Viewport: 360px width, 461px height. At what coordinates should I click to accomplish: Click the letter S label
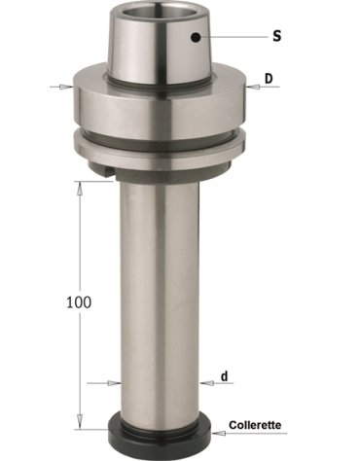pyautogui.click(x=276, y=36)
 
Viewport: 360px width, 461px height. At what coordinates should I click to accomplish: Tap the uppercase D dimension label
pyautogui.click(x=269, y=79)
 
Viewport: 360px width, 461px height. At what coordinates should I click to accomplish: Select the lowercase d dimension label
pyautogui.click(x=225, y=376)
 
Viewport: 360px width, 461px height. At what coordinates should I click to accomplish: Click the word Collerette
pyautogui.click(x=255, y=425)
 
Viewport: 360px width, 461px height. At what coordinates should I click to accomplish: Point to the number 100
pyautogui.click(x=79, y=302)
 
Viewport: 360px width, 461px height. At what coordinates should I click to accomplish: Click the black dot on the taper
pyautogui.click(x=196, y=37)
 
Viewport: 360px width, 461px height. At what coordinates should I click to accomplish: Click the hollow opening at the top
pyautogui.click(x=160, y=14)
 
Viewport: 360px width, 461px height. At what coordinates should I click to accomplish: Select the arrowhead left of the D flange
pyautogui.click(x=66, y=87)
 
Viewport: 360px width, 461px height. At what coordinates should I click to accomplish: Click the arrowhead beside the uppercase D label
pyautogui.click(x=253, y=87)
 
